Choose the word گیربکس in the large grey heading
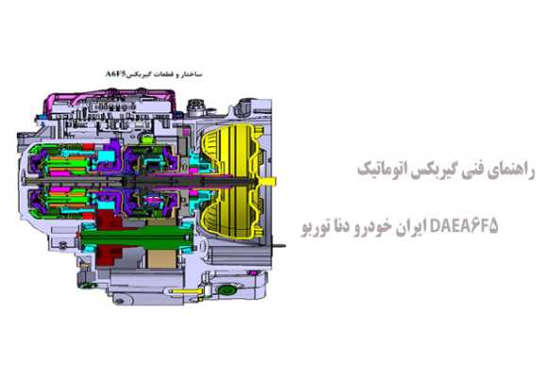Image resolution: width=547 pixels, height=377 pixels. point(421,171)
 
